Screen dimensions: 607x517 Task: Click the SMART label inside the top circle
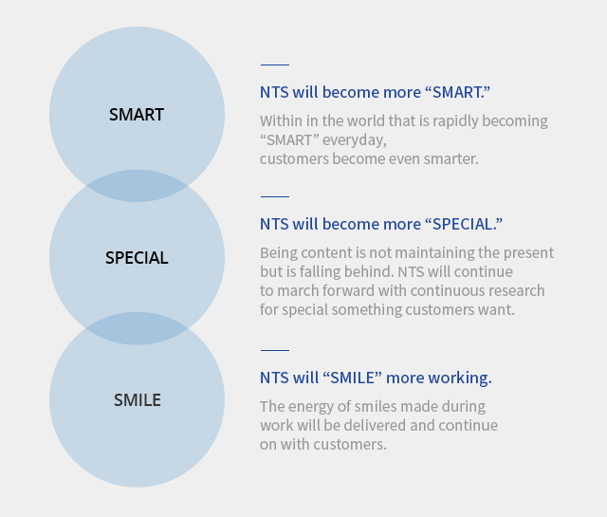(137, 115)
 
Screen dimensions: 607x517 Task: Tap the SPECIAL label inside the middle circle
(137, 257)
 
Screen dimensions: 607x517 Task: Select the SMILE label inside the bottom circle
(137, 400)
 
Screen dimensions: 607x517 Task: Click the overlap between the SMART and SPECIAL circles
(137, 186)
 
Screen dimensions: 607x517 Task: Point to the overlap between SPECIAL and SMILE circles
(137, 328)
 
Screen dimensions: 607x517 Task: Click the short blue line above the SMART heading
(275, 65)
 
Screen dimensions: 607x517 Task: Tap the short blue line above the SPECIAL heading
(275, 196)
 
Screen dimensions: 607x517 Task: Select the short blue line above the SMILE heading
(275, 350)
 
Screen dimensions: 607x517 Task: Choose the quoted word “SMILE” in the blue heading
(352, 378)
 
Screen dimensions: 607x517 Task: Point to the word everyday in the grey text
(355, 140)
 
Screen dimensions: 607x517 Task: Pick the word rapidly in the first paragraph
(455, 121)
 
